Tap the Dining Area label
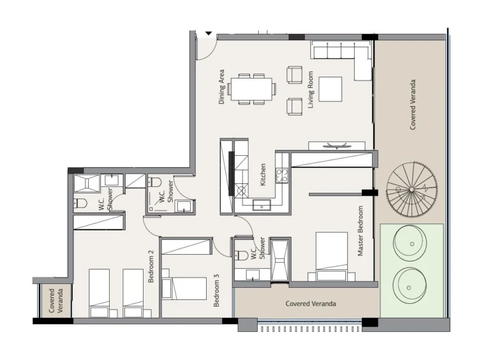222,87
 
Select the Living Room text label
311,89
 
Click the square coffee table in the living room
330,89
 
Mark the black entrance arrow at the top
208,34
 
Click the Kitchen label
263,175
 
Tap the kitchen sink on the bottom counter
262,205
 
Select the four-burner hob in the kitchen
283,175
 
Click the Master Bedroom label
360,231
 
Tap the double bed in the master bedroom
331,255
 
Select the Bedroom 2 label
151,267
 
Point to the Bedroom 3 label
217,290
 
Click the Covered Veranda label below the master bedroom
311,304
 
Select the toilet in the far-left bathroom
80,204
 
